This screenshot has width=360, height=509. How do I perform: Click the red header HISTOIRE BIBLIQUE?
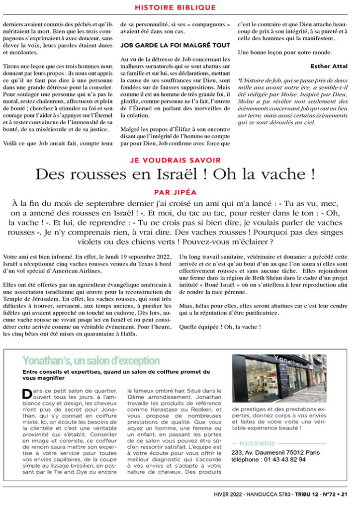pos(176,7)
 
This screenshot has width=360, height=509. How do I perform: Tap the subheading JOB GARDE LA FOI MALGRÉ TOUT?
pos(176,45)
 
